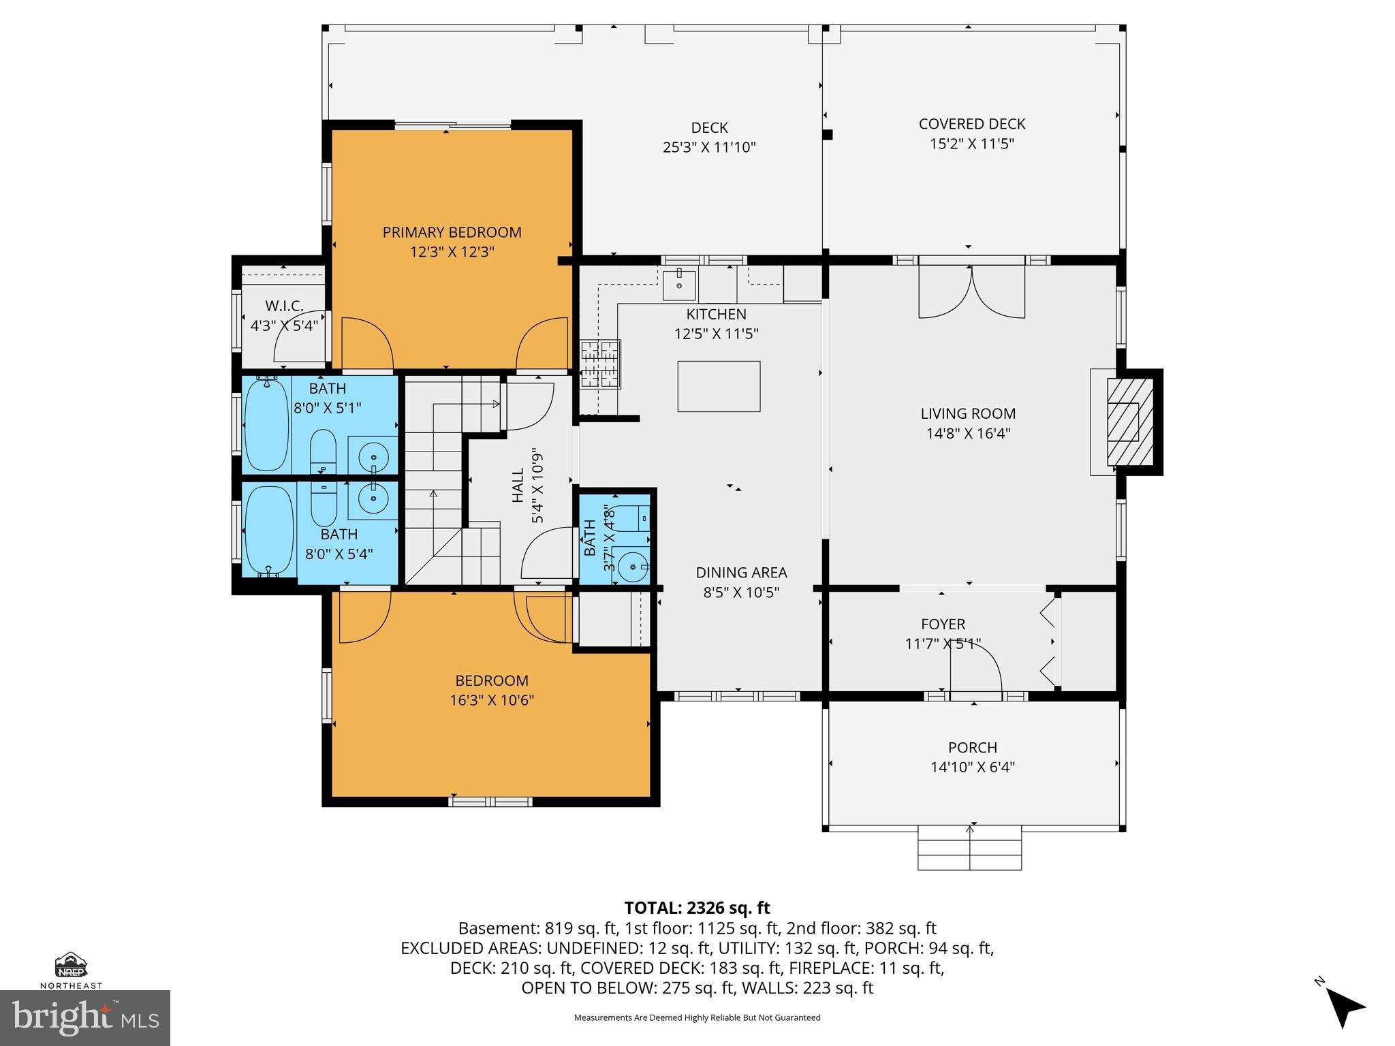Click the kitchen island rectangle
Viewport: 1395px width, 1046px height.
click(719, 386)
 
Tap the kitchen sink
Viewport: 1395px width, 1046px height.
click(679, 286)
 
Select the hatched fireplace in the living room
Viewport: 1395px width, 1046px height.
click(1129, 422)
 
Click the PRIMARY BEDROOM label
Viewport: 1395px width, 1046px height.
click(452, 232)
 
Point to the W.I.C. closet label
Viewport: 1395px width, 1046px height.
click(284, 306)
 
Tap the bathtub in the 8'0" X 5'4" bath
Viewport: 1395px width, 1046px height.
click(269, 530)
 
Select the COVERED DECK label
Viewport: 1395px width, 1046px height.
click(972, 124)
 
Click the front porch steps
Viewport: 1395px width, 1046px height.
click(969, 847)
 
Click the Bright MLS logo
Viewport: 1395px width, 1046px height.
click(85, 1018)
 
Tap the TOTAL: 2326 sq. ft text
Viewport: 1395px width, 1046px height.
click(697, 908)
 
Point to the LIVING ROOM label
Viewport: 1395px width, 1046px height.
click(968, 413)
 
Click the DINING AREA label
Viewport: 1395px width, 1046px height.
click(741, 573)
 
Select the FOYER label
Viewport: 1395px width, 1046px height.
click(943, 624)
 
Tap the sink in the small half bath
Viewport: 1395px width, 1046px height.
click(631, 566)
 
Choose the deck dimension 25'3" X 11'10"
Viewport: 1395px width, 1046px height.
click(709, 147)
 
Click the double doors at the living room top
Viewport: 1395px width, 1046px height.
click(971, 291)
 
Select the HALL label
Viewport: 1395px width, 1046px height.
click(518, 485)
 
